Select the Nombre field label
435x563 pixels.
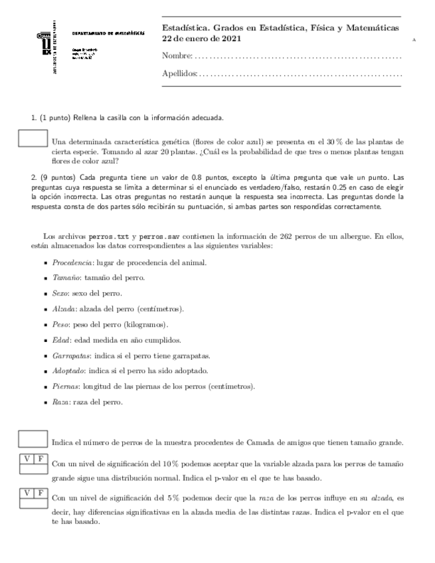click(x=177, y=56)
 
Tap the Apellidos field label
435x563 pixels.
click(x=179, y=73)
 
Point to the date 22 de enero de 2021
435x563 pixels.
click(x=202, y=39)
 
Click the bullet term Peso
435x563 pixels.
click(x=60, y=325)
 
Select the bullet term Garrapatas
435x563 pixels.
click(x=70, y=355)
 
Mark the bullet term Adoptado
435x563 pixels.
click(x=68, y=370)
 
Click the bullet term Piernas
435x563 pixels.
click(x=65, y=386)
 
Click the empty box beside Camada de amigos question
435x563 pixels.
click(x=33, y=438)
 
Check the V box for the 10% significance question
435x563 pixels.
click(x=27, y=459)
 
